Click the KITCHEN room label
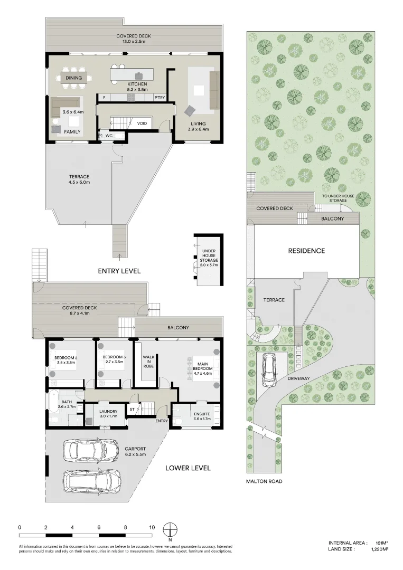[x=137, y=84]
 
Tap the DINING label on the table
[x=74, y=78]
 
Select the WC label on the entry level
[x=109, y=136]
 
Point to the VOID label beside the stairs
[x=142, y=123]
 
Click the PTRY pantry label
[x=160, y=98]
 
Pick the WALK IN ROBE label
[x=148, y=362]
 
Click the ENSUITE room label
[x=202, y=414]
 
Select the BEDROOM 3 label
[x=114, y=357]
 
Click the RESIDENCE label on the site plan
[x=306, y=251]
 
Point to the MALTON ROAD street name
[x=264, y=481]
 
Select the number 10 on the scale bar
[x=152, y=527]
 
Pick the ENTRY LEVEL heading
[x=119, y=271]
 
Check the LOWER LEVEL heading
[x=188, y=468]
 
